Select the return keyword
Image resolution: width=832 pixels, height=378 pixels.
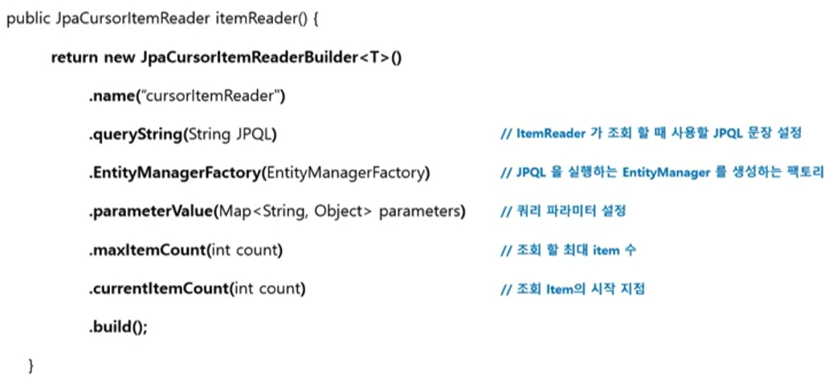point(72,59)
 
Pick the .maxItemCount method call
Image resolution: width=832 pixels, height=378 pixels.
point(147,250)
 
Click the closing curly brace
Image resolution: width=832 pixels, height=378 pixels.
point(31,366)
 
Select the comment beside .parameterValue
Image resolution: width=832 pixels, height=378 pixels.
point(562,212)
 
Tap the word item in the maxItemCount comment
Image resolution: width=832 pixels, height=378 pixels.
point(606,250)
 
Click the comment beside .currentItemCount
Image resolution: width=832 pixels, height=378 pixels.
point(572,289)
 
